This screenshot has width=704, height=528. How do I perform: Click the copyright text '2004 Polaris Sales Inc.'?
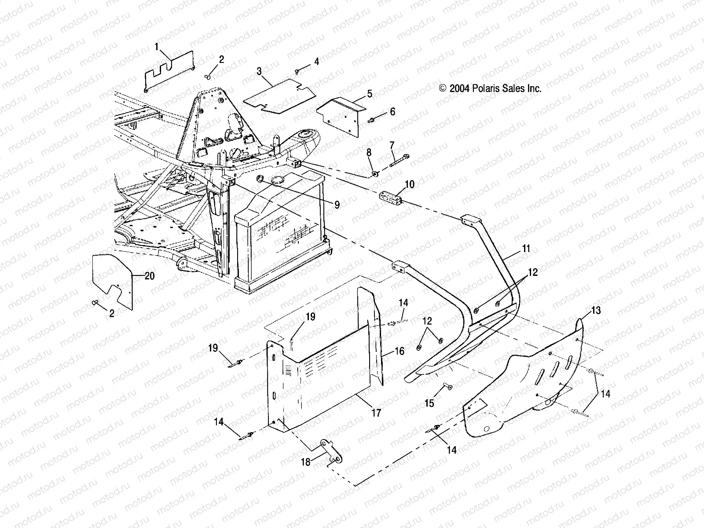tap(490, 88)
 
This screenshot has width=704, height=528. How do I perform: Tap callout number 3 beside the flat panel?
tap(259, 71)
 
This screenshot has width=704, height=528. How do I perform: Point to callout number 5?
tap(369, 93)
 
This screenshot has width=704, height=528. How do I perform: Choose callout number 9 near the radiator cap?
tap(337, 205)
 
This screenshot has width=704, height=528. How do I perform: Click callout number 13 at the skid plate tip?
tap(595, 311)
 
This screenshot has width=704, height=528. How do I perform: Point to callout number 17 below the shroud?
tap(376, 413)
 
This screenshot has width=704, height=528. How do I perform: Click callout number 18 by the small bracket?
tap(305, 462)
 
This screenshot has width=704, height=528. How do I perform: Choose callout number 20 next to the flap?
tap(150, 276)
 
